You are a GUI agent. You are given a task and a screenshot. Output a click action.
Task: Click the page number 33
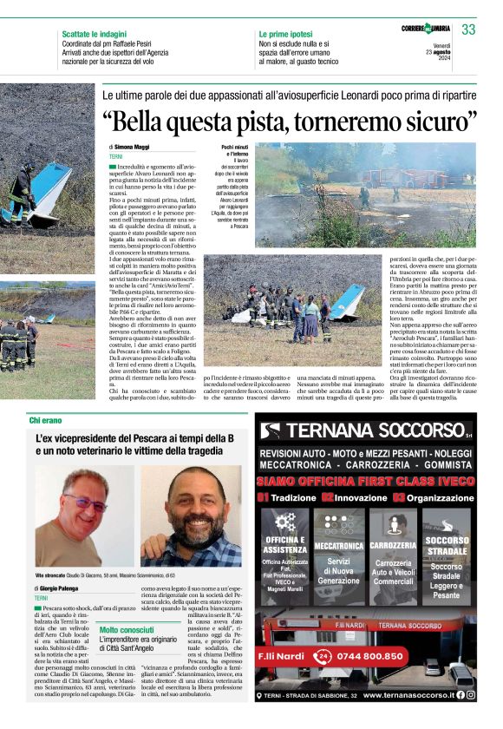(x=469, y=30)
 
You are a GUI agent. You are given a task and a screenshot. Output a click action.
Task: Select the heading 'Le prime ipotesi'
(x=286, y=33)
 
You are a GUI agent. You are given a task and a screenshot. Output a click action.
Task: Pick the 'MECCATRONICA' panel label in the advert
(x=338, y=546)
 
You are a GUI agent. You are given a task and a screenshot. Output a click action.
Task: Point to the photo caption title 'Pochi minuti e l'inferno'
(x=234, y=153)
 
